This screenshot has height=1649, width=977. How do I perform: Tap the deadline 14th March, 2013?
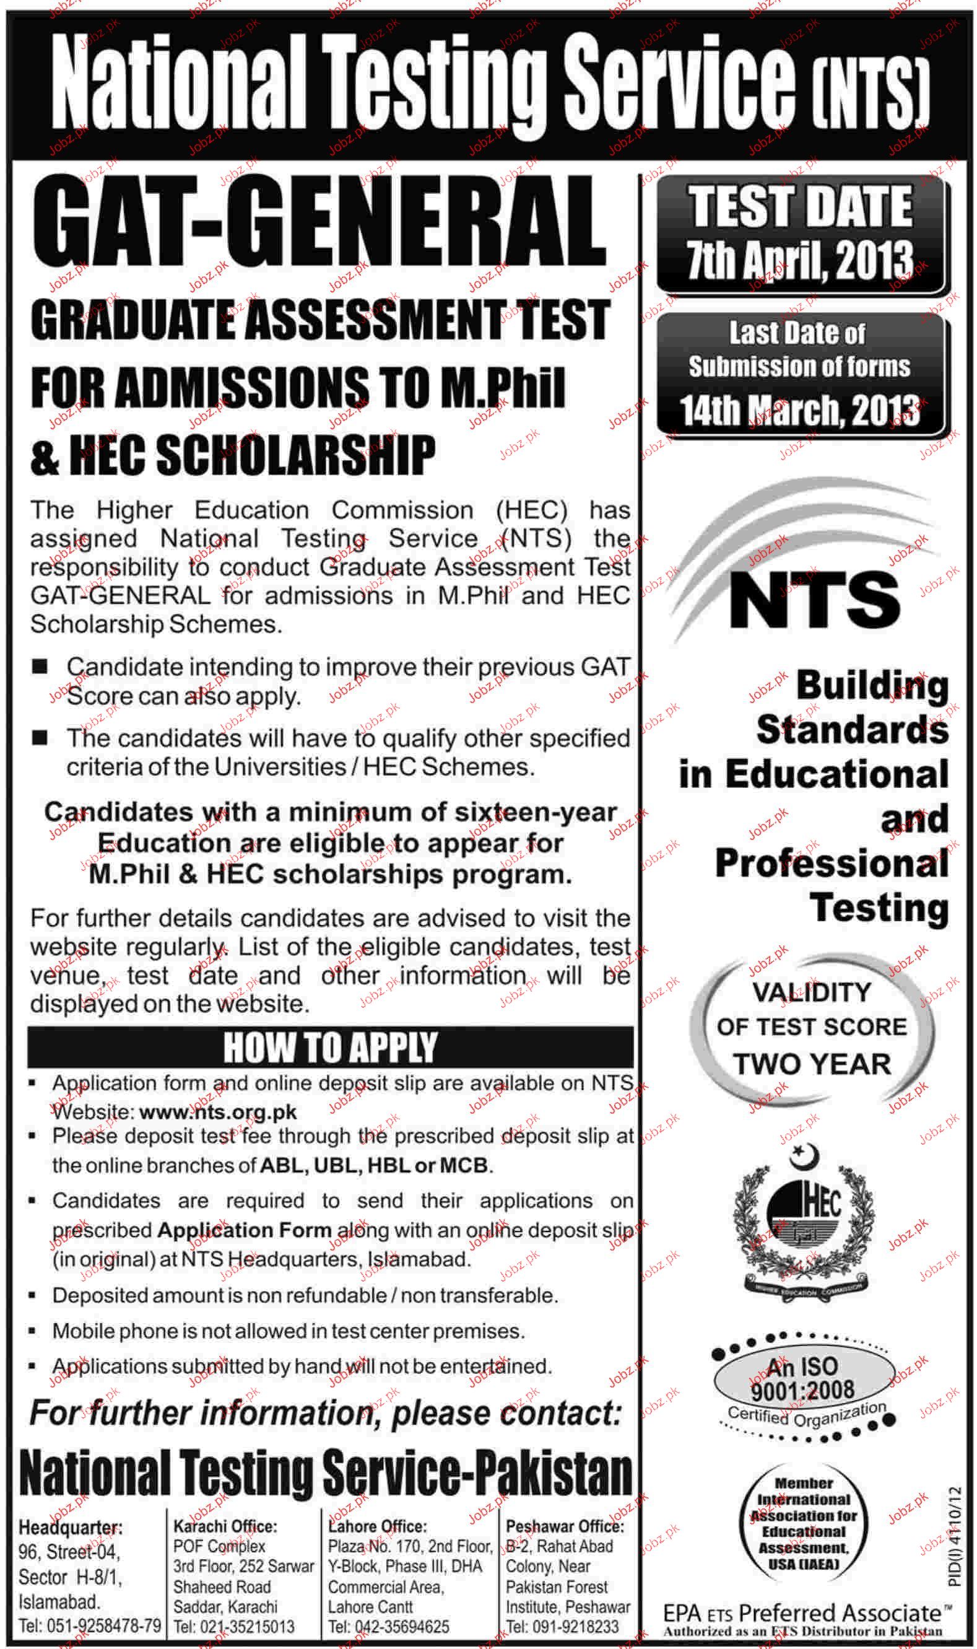click(800, 411)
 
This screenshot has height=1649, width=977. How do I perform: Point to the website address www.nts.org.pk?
click(219, 1113)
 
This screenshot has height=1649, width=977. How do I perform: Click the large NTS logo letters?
click(814, 598)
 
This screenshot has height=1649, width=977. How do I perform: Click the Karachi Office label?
click(225, 1526)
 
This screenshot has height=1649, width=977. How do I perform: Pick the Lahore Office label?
click(378, 1526)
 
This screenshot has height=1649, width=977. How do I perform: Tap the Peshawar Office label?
click(564, 1526)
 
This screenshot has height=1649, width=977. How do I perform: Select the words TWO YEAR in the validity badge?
click(812, 1064)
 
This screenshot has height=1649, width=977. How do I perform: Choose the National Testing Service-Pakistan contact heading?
click(326, 1473)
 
